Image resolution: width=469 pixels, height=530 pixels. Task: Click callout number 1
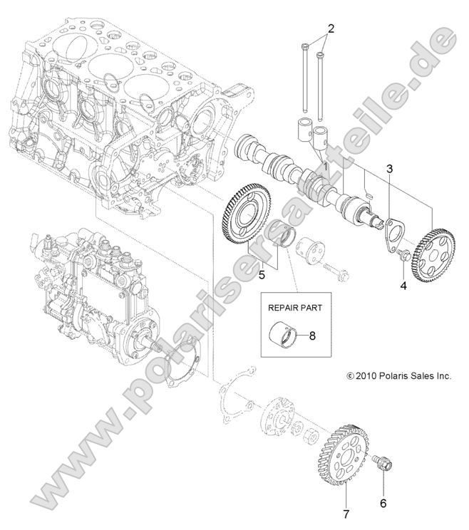[x=324, y=166]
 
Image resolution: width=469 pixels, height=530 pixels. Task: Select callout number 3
[x=389, y=169]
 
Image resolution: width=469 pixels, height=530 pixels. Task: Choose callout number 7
[x=344, y=512]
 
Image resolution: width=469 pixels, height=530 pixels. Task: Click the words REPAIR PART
[x=294, y=308]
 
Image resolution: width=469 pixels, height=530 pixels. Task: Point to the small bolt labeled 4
[x=403, y=254]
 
